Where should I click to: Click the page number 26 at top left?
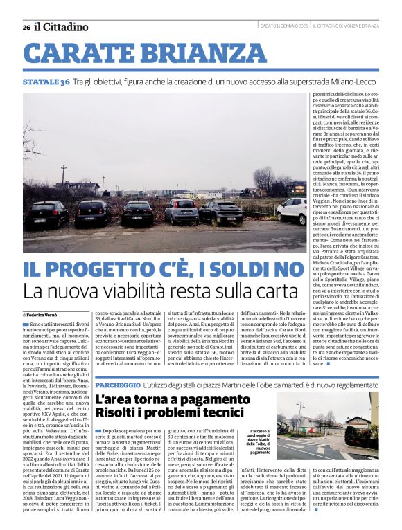tap(26, 27)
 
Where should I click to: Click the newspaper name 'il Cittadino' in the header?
tap(62, 27)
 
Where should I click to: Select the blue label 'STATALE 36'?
tap(46, 82)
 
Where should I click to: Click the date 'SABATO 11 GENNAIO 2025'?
tap(274, 26)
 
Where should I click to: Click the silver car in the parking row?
tap(181, 211)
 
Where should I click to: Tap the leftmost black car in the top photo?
tap(46, 214)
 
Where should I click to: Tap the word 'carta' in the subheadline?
tap(263, 291)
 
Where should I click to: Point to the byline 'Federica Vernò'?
tap(46, 313)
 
